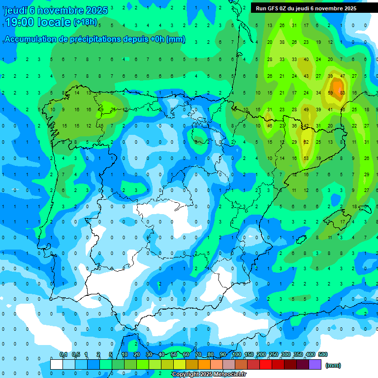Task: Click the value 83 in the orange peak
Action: pos(342,93)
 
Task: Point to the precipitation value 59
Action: pos(330,93)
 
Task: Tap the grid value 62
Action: pos(306,142)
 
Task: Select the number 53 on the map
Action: pos(306,158)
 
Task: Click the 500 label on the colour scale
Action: pos(323,354)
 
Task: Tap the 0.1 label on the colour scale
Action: pos(63,354)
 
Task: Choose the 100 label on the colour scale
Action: pos(237,354)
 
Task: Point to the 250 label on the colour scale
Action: pos(274,354)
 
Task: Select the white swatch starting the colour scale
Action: pos(57,364)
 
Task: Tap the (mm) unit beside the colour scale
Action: pos(333,365)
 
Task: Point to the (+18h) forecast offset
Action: pos(86,22)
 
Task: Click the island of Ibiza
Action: pos(301,239)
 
